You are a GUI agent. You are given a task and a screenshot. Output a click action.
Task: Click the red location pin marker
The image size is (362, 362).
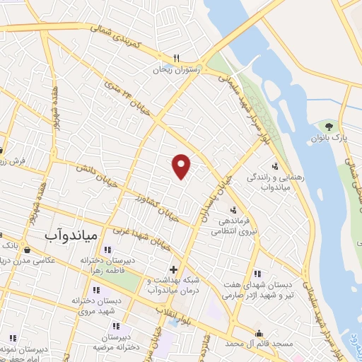[182, 165]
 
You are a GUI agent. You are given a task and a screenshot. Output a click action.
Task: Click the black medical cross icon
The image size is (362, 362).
[173, 269]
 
